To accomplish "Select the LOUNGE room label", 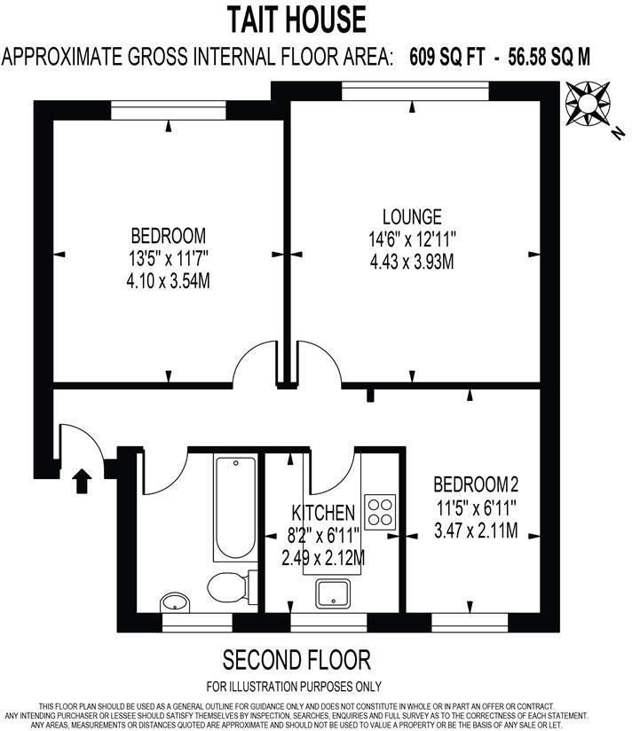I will pyautogui.click(x=412, y=216).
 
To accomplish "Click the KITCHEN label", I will pyautogui.click(x=324, y=514).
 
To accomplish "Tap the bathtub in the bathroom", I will pyautogui.click(x=235, y=507).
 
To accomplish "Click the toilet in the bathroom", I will pyautogui.click(x=230, y=585).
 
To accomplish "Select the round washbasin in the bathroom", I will pyautogui.click(x=175, y=603).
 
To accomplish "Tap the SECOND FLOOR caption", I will pyautogui.click(x=296, y=660).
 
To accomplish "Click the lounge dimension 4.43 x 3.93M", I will pyautogui.click(x=412, y=263).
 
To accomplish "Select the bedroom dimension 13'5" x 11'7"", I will pyautogui.click(x=169, y=259).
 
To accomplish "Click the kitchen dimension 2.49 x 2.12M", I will pyautogui.click(x=323, y=559).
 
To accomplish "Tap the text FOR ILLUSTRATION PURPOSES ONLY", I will pyautogui.click(x=294, y=686).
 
